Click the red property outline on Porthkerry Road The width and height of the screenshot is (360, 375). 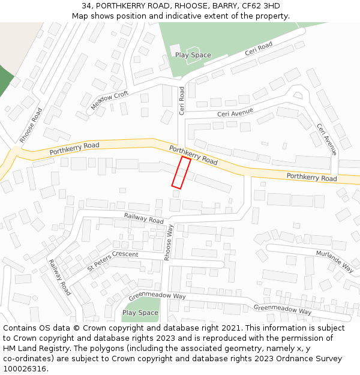[x=181, y=173]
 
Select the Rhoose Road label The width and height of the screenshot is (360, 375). [x=31, y=125]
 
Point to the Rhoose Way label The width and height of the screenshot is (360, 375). [x=170, y=242]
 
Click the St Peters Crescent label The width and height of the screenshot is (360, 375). [x=113, y=261]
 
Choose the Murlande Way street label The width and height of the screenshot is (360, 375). [x=335, y=261]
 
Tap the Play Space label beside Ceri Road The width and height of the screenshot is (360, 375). [x=193, y=55]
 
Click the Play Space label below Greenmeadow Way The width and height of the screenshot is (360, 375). [x=140, y=313]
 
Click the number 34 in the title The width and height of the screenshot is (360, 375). [x=86, y=6]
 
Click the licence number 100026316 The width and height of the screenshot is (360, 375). [x=25, y=369]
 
